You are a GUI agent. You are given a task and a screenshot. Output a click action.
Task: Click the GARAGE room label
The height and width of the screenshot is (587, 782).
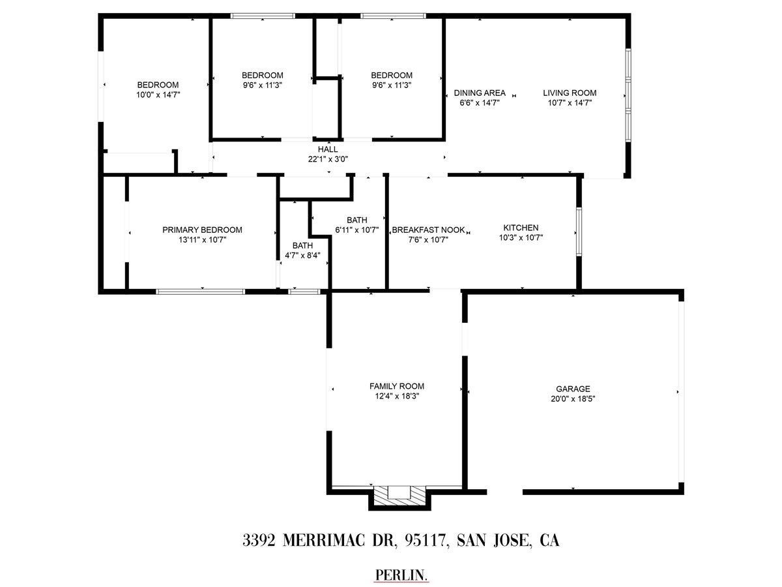click(x=573, y=389)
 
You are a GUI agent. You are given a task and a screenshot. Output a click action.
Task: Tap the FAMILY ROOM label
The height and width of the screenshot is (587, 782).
click(x=396, y=386)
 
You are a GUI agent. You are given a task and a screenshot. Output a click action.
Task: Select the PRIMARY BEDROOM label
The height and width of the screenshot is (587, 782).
click(x=202, y=230)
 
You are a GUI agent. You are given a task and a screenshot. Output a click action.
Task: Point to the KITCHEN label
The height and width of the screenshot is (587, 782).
click(x=521, y=228)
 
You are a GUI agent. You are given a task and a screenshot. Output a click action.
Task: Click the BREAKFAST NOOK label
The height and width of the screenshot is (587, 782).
click(x=428, y=230)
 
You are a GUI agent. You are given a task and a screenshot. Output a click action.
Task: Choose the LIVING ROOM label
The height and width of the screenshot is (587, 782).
click(x=570, y=93)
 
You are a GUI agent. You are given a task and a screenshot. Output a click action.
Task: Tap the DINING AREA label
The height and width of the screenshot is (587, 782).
click(x=480, y=93)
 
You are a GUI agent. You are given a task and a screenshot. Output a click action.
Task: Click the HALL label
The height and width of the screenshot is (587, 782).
click(x=328, y=149)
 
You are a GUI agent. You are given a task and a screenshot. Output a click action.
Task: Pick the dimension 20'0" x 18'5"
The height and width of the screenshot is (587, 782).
click(x=573, y=399)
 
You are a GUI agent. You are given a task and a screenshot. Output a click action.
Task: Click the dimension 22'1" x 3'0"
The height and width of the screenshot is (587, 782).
click(x=328, y=159)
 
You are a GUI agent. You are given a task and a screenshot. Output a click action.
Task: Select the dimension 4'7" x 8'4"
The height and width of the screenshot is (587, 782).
click(x=302, y=256)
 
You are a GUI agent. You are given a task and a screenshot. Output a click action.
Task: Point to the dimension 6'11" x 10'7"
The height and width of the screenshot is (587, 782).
click(x=356, y=230)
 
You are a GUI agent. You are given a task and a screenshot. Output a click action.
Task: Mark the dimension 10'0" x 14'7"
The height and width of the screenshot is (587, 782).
click(x=158, y=95)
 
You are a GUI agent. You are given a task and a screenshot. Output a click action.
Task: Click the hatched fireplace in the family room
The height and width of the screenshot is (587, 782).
click(x=399, y=496)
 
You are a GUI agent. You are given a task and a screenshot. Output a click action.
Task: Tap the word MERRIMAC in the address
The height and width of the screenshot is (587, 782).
click(x=323, y=541)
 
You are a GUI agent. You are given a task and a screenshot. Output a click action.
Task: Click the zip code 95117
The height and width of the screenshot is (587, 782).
click(x=426, y=541)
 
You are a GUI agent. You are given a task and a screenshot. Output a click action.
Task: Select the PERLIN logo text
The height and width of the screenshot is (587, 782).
click(x=401, y=575)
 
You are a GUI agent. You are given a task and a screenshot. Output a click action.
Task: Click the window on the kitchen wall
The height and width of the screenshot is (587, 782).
click(x=579, y=232)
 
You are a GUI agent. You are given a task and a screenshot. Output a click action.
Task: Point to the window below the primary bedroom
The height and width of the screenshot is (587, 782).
click(x=201, y=292)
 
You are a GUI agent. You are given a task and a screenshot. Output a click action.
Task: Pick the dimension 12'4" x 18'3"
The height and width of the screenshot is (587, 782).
click(x=396, y=396)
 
